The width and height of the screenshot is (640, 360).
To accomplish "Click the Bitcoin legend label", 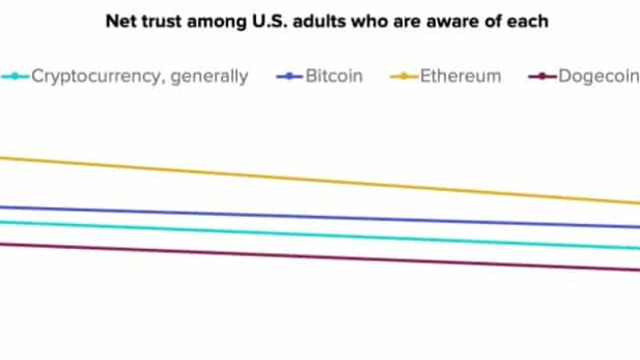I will click(334, 76).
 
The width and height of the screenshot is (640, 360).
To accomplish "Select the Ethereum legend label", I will click(460, 76).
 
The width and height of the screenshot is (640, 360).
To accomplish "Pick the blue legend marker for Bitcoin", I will click(290, 77).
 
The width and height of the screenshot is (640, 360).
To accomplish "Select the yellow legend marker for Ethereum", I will click(404, 77).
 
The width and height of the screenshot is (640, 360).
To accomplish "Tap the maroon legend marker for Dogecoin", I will click(542, 77).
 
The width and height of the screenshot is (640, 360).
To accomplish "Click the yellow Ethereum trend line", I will click(320, 180).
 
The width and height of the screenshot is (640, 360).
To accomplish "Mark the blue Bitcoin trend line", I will click(320, 217).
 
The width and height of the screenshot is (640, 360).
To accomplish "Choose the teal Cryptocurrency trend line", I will click(320, 235).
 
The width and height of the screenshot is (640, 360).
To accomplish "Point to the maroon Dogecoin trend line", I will click(320, 257).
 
